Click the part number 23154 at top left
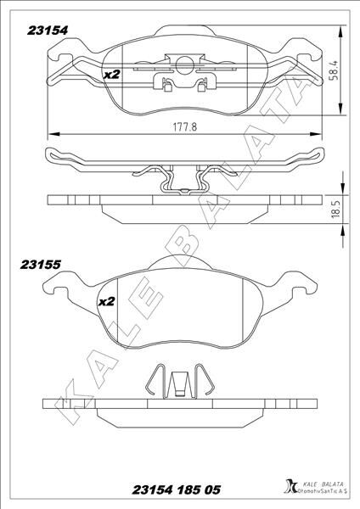48,27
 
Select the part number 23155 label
40,264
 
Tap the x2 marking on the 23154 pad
110,75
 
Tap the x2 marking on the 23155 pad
107,301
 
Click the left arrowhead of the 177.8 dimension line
52,132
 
